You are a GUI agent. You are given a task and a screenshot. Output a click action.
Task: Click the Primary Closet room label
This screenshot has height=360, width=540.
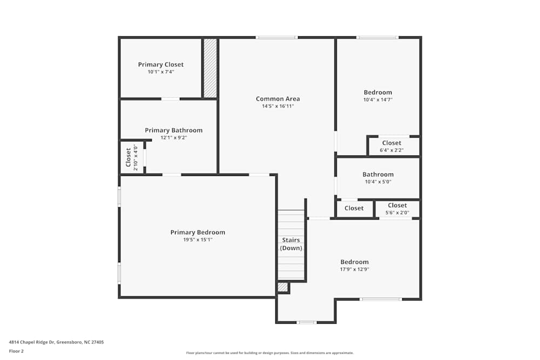pos(160,65)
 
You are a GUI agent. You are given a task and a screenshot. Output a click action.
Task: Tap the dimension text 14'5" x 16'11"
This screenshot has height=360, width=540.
pos(278,106)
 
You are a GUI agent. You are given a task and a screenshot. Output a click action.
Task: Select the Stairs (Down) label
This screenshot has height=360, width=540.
pos(291,244)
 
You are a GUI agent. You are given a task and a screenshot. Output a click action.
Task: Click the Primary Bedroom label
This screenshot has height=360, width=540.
pos(198,233)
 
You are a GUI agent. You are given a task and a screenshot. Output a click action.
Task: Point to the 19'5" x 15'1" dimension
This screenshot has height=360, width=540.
pos(198,240)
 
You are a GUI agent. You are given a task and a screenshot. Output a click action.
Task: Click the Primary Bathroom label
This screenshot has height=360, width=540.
pos(173,130)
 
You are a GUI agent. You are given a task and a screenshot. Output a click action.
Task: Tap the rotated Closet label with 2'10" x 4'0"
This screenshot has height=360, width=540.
pos(129,158)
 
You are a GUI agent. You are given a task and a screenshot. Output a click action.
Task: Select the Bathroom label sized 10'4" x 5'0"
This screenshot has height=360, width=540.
pos(378,174)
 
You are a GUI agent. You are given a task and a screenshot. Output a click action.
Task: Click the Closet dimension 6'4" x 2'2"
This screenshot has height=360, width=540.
pos(391,150)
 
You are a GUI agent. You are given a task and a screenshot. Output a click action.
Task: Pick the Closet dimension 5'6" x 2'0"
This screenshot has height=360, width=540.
pos(397,213)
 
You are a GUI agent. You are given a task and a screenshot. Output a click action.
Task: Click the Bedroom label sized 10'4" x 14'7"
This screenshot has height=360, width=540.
pos(378,92)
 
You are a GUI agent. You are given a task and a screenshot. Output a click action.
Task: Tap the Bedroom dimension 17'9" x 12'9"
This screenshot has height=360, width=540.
pos(354,269)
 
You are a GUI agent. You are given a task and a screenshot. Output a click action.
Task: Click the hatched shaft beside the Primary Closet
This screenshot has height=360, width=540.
pos(210,68)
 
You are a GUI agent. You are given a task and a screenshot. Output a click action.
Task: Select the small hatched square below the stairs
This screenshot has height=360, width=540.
pos(283,287)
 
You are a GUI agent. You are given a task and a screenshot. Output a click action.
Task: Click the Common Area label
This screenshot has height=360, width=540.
pos(278,99)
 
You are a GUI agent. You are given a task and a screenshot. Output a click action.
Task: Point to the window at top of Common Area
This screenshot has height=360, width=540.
pos(276,37)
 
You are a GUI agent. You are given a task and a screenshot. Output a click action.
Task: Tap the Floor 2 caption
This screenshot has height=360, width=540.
pos(16,351)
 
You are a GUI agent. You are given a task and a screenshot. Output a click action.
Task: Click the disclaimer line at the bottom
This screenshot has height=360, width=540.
pos(270,352)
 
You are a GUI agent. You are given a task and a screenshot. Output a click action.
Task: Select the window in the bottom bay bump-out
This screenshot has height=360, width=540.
pos(307,322)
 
